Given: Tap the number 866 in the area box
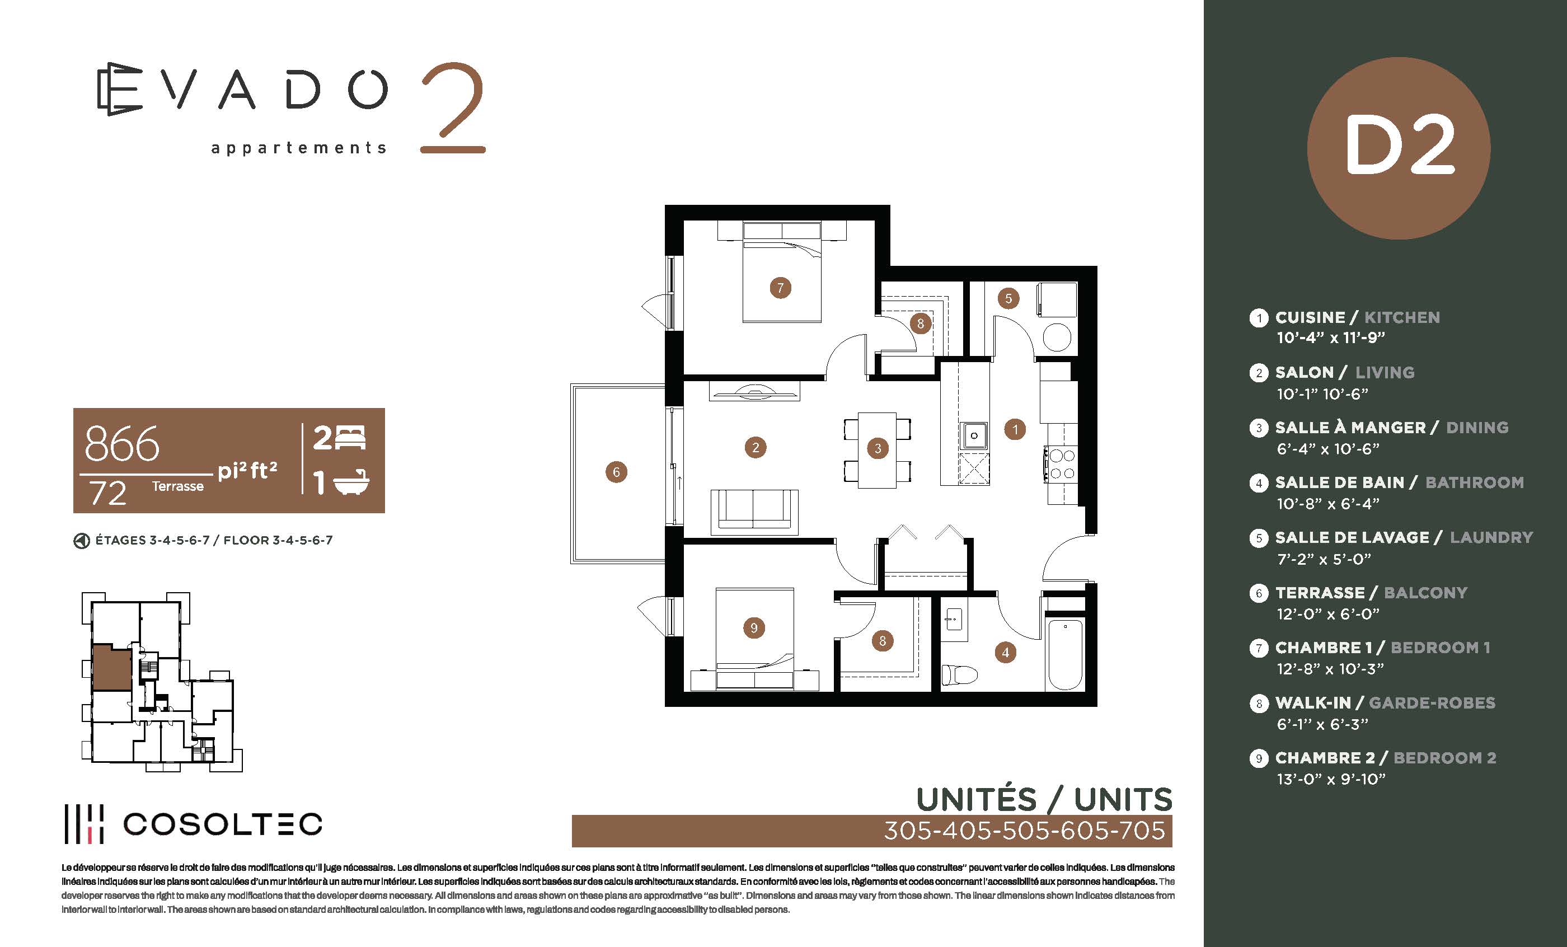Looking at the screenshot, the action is (121, 443).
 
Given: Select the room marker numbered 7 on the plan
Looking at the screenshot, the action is (780, 288).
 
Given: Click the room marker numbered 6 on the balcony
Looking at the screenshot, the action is (616, 472).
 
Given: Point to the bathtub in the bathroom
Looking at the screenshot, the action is (1065, 654).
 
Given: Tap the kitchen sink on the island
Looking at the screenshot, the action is (974, 435).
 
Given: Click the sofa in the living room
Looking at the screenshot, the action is (754, 509).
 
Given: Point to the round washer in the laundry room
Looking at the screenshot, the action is (1057, 337).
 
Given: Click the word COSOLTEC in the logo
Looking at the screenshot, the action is (223, 824).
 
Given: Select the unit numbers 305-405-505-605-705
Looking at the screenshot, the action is (1025, 831).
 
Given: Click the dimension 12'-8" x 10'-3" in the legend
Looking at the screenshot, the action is (1330, 669).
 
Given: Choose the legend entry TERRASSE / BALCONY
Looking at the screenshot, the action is (1371, 593).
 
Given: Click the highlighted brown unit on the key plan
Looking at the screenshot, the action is (112, 668).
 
